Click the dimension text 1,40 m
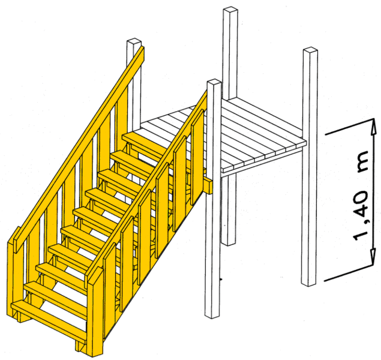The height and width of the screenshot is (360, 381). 361,195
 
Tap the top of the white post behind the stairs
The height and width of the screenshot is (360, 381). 134,41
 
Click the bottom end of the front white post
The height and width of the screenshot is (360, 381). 212,316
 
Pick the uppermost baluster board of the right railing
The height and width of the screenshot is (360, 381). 197,157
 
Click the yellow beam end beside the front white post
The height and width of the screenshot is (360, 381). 208,185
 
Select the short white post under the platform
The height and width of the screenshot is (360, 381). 229,208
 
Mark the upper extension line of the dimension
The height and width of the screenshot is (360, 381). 350,126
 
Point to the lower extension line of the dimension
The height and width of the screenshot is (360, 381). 349,274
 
